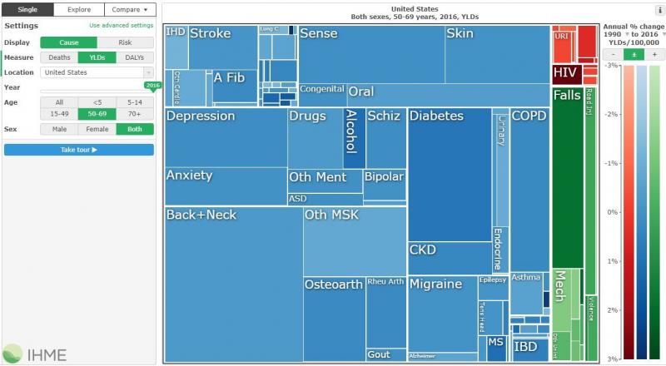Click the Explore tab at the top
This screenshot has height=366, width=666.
pos(79,10)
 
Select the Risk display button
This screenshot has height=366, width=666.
pos(126,42)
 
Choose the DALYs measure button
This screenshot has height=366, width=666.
pos(135,57)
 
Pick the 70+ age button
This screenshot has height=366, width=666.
pos(135,113)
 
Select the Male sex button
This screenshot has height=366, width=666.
pos(59,129)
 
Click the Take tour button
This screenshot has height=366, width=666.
pos(79,150)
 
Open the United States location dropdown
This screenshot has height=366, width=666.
pos(97,72)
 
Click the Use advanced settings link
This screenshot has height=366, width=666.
pos(121,26)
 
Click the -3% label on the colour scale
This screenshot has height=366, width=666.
pos(611,65)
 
